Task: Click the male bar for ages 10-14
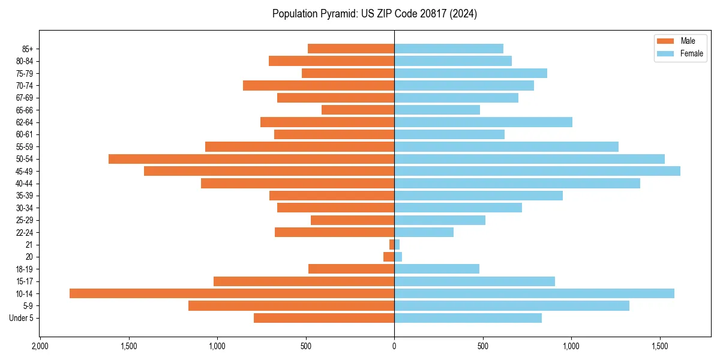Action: (232, 293)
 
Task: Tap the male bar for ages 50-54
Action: (251, 159)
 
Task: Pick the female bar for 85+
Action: (449, 49)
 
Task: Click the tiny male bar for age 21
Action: (392, 245)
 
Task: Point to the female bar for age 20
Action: (398, 257)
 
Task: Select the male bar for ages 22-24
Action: (334, 232)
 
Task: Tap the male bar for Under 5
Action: (324, 318)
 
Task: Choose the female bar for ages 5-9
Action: (512, 306)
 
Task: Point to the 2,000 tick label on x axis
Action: (40, 346)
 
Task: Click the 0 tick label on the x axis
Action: (394, 346)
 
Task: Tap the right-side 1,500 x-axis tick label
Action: (660, 346)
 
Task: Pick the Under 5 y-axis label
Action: (21, 318)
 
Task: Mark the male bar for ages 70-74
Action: (319, 85)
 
